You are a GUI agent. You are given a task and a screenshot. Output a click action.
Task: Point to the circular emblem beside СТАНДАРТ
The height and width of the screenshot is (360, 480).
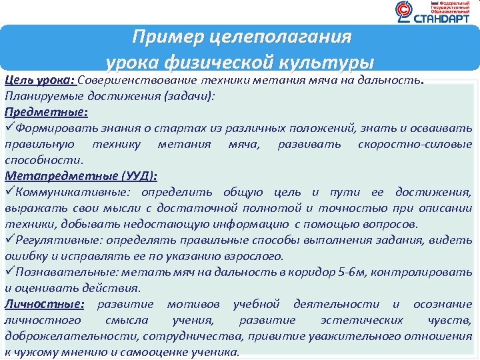point(404,11)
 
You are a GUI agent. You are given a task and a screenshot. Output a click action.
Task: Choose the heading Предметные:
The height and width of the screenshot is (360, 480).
point(46,112)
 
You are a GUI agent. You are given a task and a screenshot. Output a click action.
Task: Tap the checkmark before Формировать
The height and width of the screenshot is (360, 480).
point(9,128)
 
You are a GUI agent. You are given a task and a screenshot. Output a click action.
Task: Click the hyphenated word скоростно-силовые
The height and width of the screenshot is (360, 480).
point(415,144)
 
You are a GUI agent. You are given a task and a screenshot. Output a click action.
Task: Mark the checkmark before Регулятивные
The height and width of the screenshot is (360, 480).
point(9,240)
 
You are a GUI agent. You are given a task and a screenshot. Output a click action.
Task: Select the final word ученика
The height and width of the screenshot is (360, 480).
point(214,352)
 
